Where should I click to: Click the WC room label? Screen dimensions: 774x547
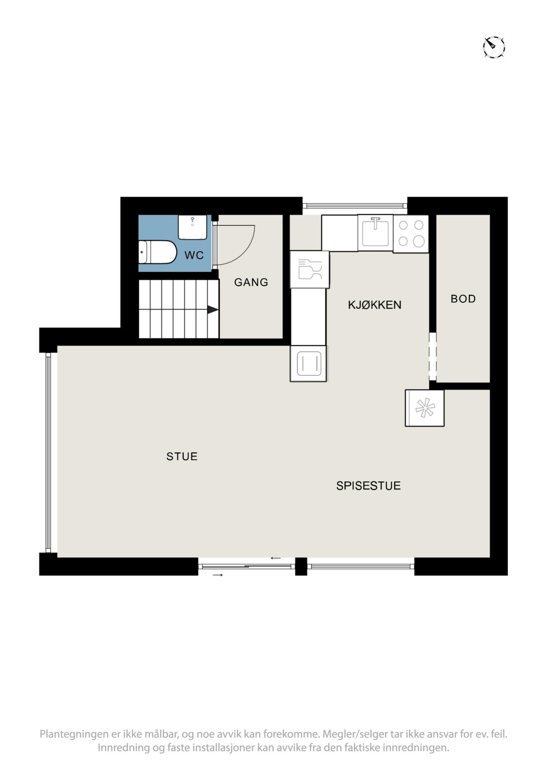coord(194,255)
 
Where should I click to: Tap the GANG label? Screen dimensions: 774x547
coord(251,282)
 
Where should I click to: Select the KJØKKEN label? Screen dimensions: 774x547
coord(374,305)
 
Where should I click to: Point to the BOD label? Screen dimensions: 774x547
coord(463,299)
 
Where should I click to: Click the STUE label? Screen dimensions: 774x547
coord(182,456)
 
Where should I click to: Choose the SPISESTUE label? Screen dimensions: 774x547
coord(368,485)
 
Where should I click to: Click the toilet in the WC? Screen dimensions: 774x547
coord(157,252)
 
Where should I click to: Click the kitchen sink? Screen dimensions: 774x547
coord(375,233)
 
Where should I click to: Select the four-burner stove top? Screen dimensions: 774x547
coord(411,233)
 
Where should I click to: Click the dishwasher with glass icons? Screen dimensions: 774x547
coord(309,270)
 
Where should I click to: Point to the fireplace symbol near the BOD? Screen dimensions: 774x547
coord(425,408)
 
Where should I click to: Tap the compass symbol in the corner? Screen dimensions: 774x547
coord(494,46)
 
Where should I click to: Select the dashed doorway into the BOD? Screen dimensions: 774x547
coord(433,356)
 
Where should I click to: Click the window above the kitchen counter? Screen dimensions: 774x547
coord(355,206)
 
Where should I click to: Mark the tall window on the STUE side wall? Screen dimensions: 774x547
coord(49,452)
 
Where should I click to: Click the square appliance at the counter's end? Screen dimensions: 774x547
coord(308,363)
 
